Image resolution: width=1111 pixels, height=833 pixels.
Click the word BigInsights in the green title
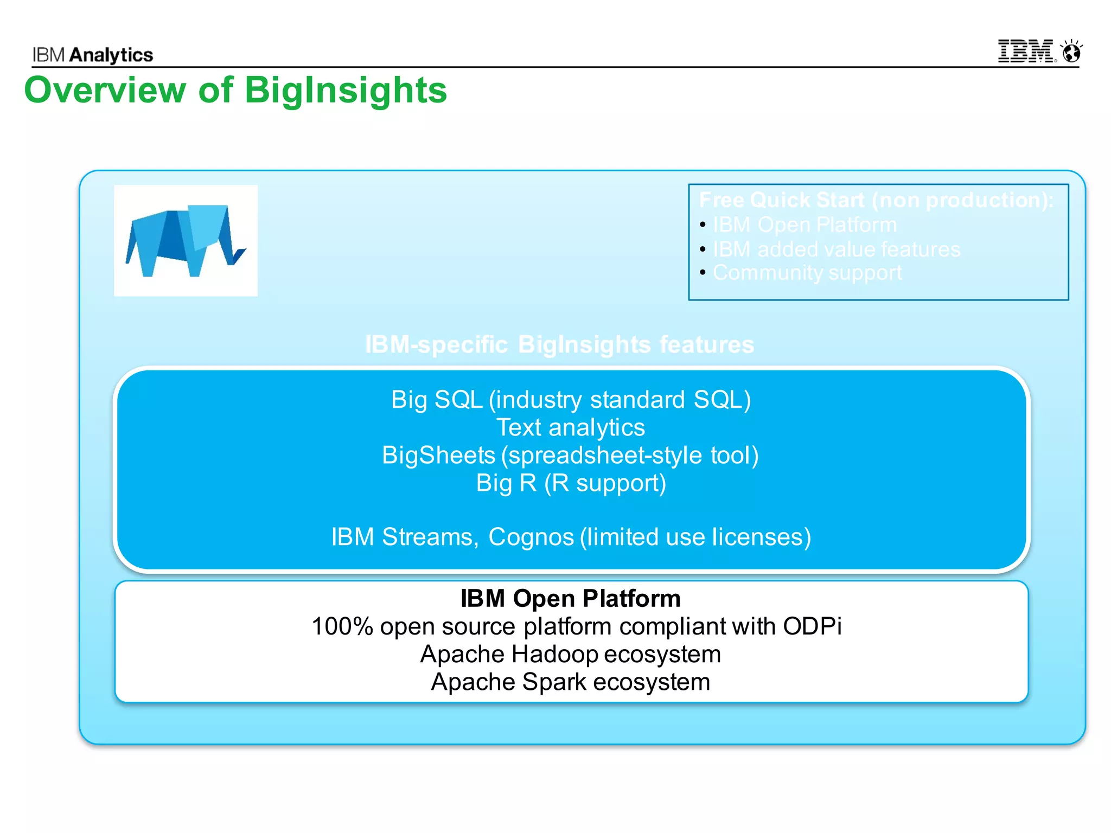[x=346, y=90]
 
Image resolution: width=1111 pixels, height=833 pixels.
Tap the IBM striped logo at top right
[x=1026, y=52]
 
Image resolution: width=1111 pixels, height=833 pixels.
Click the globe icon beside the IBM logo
[x=1072, y=52]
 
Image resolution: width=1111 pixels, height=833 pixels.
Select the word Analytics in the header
[x=111, y=55]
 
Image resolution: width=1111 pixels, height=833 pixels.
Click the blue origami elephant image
[x=186, y=240]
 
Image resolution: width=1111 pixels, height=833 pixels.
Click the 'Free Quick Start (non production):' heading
[x=876, y=200]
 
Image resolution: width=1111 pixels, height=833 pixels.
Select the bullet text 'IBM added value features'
[x=836, y=249]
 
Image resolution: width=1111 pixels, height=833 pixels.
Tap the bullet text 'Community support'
[x=807, y=273]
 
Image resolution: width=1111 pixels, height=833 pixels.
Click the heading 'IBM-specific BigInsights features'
[x=559, y=345]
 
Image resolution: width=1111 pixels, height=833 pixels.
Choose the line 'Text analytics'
[x=571, y=427]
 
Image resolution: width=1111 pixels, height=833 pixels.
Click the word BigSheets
[x=438, y=455]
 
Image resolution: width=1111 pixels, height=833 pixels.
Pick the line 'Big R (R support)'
[x=571, y=483]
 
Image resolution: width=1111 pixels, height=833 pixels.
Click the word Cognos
[x=531, y=537]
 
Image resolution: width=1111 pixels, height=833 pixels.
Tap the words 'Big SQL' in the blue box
[x=437, y=400]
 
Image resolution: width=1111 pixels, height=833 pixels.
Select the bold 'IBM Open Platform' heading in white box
[x=570, y=599]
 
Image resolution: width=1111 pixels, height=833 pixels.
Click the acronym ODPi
[x=812, y=626]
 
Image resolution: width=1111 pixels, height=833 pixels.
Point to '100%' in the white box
[x=342, y=626]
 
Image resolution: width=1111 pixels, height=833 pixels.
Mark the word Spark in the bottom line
[x=554, y=682]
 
